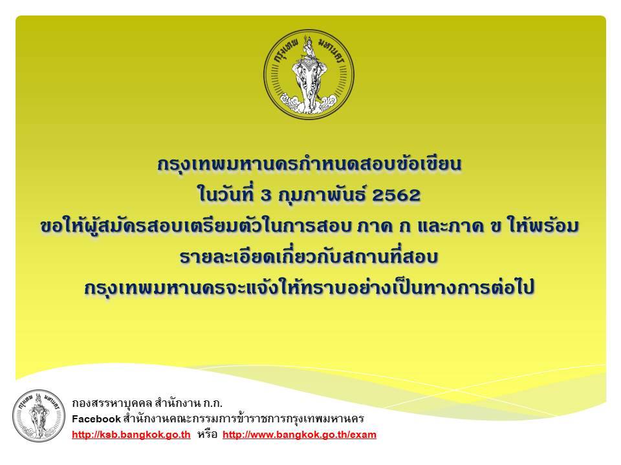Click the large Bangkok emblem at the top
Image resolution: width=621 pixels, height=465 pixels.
click(309, 74)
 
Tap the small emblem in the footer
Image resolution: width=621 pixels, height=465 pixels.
click(38, 416)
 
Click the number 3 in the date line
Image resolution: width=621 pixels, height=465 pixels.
click(266, 195)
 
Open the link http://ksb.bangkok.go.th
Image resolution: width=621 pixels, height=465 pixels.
click(131, 435)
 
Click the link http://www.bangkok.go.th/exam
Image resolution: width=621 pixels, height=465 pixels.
click(300, 435)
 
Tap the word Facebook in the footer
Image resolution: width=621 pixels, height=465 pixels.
click(96, 418)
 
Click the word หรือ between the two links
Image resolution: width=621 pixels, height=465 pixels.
click(207, 435)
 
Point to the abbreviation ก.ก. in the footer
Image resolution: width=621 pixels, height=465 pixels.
click(213, 404)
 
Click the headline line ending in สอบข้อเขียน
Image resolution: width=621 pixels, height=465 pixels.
click(309, 164)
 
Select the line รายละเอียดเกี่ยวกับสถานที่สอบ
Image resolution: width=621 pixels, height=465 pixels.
click(309, 257)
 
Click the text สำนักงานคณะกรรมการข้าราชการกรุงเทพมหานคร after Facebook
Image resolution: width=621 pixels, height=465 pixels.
click(243, 418)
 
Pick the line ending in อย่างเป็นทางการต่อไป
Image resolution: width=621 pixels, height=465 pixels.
click(309, 287)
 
